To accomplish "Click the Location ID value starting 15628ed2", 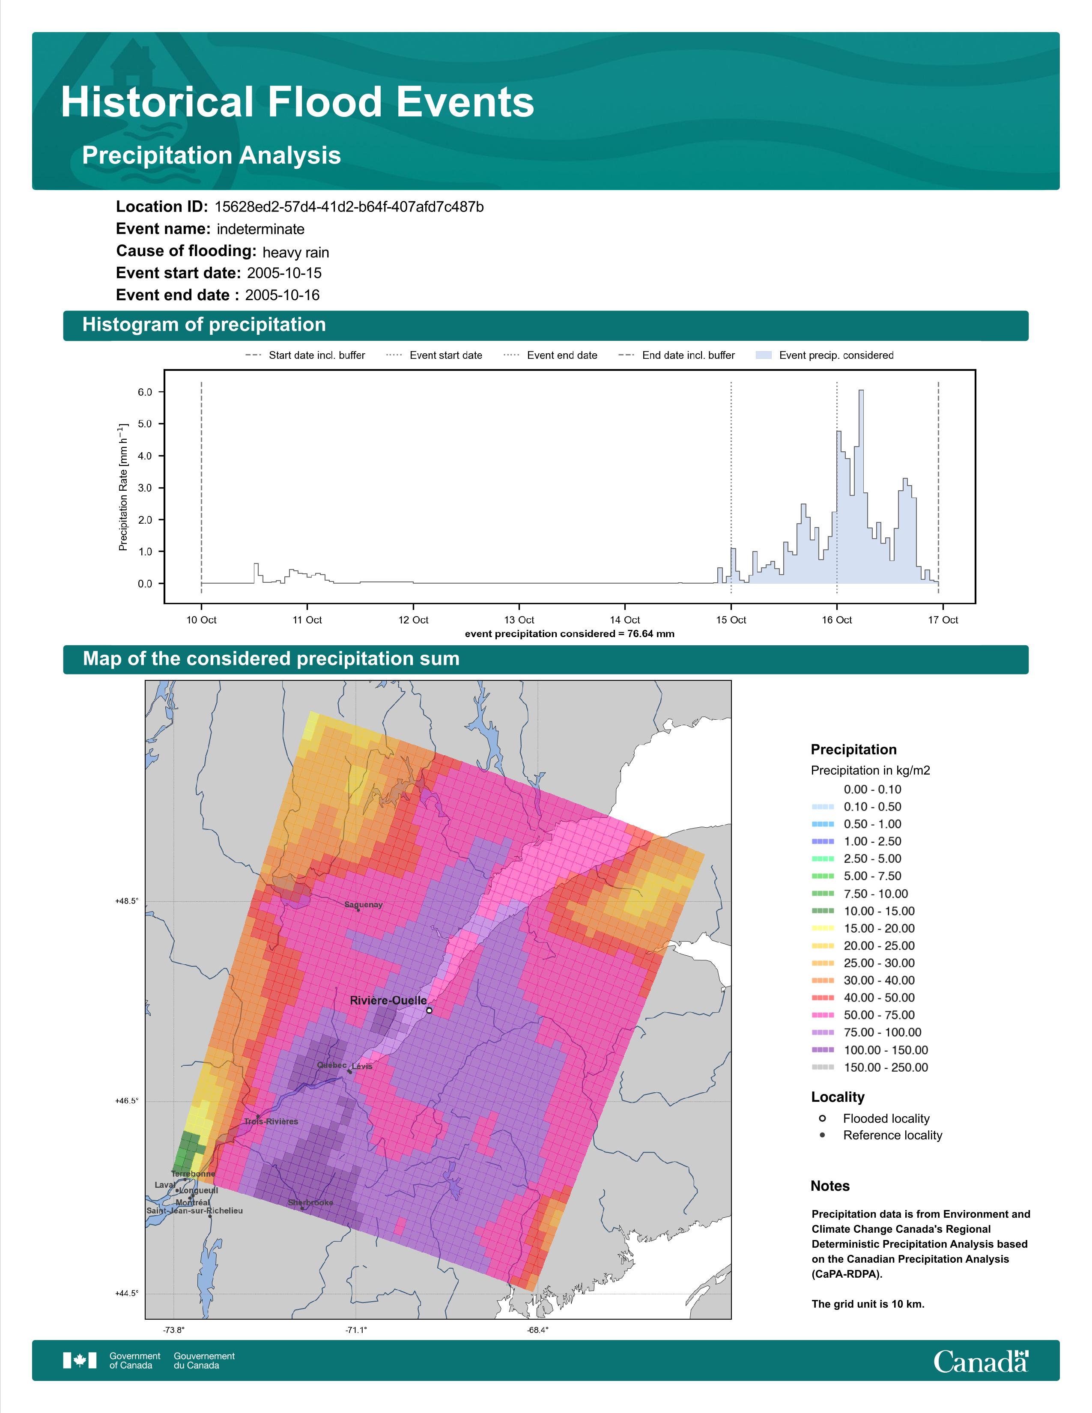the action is [349, 207].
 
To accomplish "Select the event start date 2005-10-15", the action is [284, 273].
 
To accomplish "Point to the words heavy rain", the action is [295, 252].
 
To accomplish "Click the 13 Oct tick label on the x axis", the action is [519, 620].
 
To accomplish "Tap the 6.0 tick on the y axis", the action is [145, 392].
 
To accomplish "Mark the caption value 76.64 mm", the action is [651, 633].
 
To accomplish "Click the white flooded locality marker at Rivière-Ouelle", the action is [429, 1010].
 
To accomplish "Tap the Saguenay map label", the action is [364, 904].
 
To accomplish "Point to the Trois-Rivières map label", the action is [271, 1121].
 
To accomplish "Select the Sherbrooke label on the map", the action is [310, 1203].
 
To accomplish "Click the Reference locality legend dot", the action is [822, 1135].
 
